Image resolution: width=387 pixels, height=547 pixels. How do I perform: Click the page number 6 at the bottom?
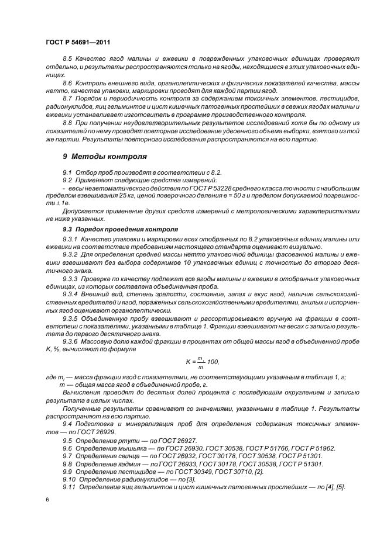pos(47,500)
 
